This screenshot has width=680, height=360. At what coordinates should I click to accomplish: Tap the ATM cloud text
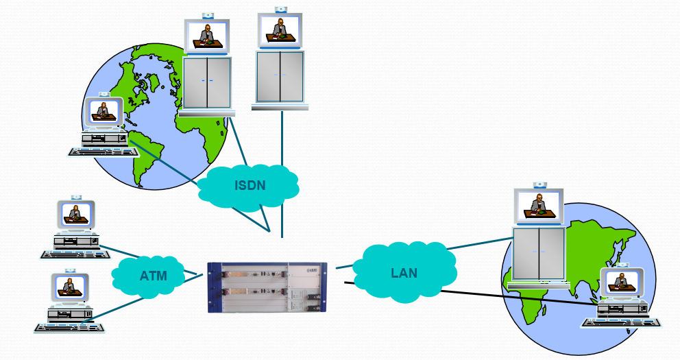point(153,276)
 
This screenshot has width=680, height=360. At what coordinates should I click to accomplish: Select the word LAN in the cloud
point(404,272)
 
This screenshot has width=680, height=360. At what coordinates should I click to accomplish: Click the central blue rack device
point(271,287)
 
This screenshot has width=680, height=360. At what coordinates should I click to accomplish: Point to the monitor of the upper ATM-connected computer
point(75,213)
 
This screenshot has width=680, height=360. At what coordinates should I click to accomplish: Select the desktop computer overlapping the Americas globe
point(104,123)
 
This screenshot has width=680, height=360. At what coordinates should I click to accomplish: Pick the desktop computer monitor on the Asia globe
point(622,281)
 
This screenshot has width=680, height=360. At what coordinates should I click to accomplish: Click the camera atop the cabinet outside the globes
point(280,9)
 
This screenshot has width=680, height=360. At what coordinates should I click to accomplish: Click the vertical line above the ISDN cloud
point(281,137)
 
